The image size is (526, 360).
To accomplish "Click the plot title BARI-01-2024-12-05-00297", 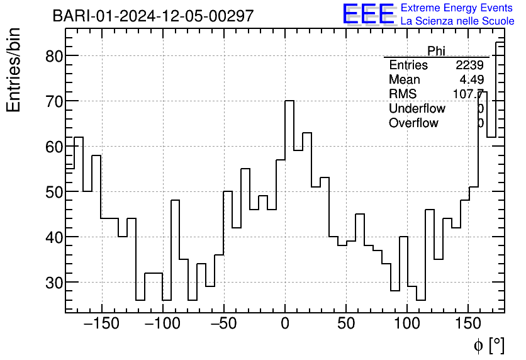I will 153,16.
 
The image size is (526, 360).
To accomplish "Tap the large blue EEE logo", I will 368,14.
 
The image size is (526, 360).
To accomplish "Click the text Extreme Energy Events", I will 457,8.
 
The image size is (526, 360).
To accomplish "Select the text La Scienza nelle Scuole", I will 457,21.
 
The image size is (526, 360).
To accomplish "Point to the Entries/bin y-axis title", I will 14,70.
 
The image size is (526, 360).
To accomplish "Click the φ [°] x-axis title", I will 489,345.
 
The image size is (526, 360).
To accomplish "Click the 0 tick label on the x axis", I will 285,325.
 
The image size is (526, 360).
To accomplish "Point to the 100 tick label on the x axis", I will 407,325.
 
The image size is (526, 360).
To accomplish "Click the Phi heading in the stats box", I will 436,51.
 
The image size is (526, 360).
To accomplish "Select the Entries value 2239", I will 469,65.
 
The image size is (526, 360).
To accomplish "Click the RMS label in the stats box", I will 403,94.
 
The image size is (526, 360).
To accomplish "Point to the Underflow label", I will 417,109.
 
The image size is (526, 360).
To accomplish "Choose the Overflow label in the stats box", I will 413,123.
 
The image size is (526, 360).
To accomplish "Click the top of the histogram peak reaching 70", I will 289,101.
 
